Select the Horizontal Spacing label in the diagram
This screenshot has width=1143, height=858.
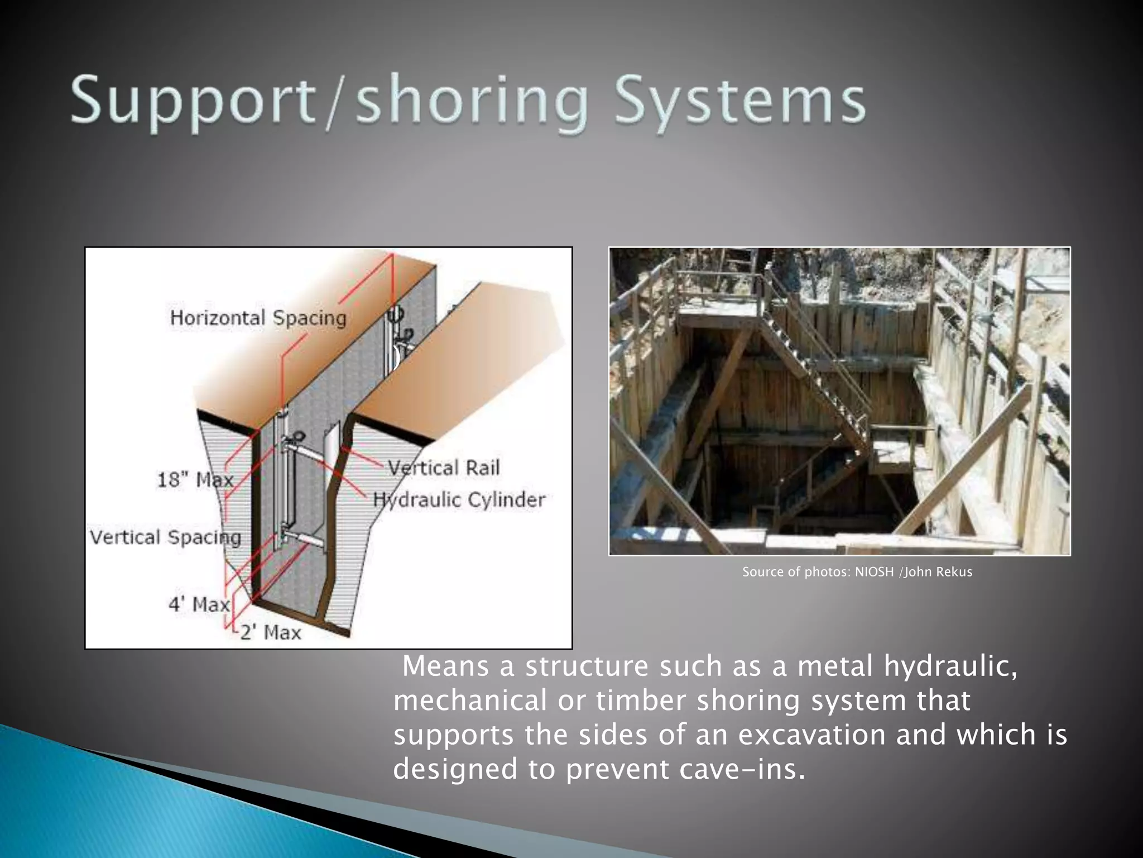[x=258, y=318]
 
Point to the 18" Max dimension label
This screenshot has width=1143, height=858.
[x=195, y=479]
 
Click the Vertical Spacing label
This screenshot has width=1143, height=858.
[x=165, y=537]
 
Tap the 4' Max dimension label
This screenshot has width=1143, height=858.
[x=199, y=604]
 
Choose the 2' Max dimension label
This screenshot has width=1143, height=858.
[x=271, y=632]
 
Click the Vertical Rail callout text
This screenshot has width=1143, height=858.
[x=444, y=468]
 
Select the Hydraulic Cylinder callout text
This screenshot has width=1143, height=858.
[x=459, y=499]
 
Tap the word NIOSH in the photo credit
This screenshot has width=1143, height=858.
[x=874, y=572]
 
